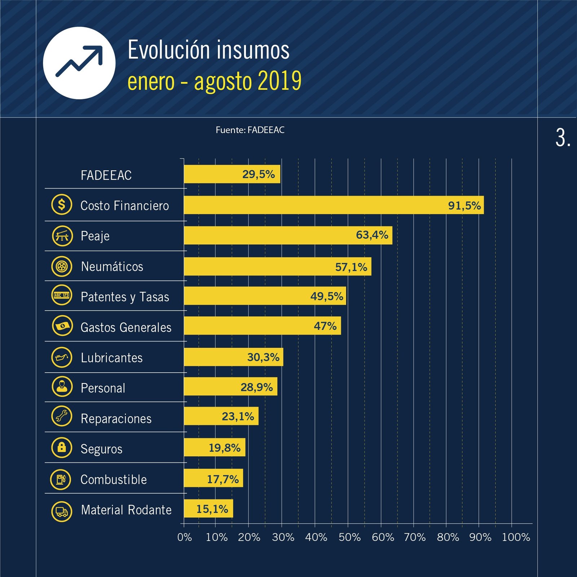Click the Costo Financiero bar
(x=334, y=205)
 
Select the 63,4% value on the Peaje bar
(x=372, y=235)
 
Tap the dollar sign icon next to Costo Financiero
(x=62, y=205)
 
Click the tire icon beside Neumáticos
(x=62, y=267)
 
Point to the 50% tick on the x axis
(x=349, y=537)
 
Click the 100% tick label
(x=516, y=537)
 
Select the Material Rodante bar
(x=208, y=509)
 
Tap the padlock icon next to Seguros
(x=62, y=448)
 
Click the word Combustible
(x=114, y=480)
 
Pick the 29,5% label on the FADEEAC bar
(x=258, y=175)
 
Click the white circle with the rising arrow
(x=79, y=63)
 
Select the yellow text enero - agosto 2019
(x=214, y=82)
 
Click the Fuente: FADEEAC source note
(x=250, y=130)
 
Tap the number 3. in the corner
(x=562, y=138)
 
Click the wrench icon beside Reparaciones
(x=62, y=416)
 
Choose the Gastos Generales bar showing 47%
(x=262, y=326)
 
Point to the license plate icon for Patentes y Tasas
(x=62, y=295)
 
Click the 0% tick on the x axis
(x=184, y=537)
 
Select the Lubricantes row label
(x=111, y=358)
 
